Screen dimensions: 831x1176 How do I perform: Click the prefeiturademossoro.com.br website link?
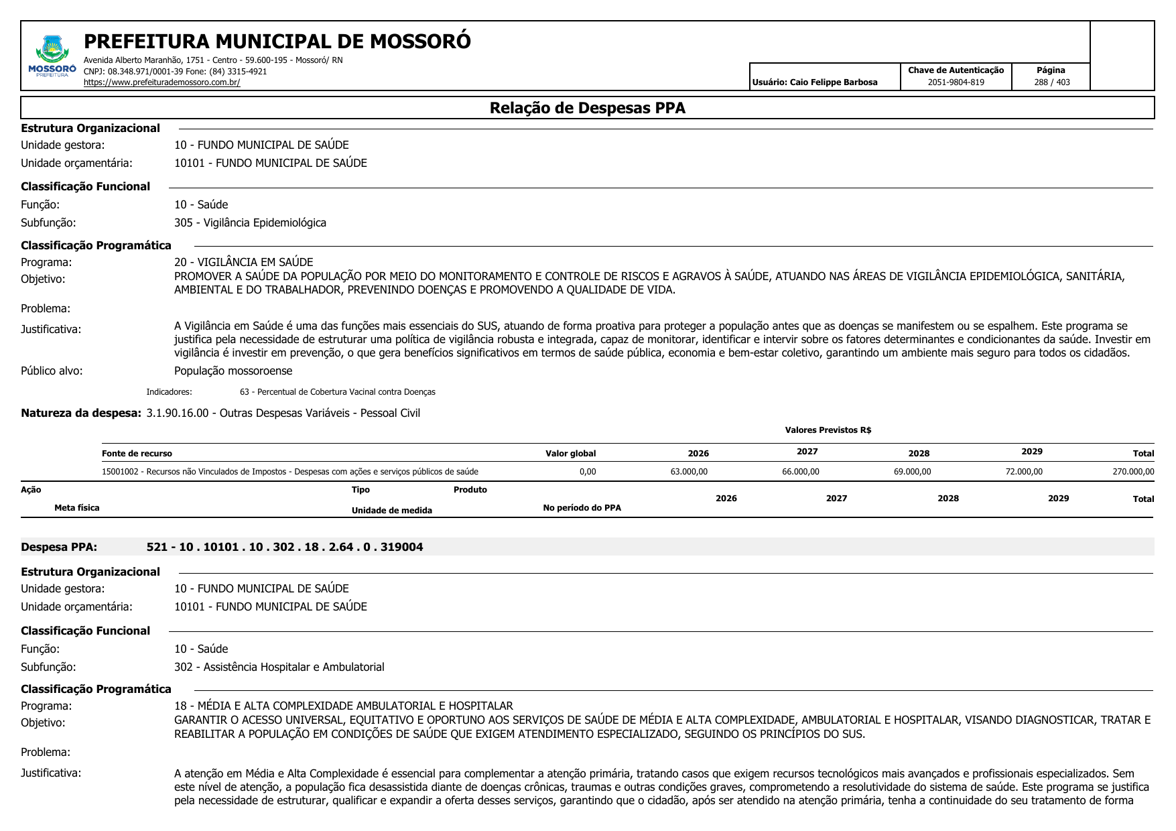(161, 82)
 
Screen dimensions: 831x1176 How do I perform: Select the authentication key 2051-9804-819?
(956, 82)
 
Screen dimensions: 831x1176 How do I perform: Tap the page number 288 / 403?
(1051, 82)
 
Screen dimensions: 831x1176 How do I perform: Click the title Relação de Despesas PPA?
(587, 108)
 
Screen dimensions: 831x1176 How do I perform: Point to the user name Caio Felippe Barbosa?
(833, 82)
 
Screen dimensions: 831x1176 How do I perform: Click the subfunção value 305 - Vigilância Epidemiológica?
(250, 222)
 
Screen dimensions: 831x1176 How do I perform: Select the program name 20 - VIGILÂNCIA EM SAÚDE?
(243, 262)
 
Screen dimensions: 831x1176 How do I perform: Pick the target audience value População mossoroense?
(233, 371)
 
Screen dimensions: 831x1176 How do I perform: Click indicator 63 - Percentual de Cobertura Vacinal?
(337, 392)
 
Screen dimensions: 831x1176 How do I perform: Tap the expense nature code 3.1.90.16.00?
(177, 413)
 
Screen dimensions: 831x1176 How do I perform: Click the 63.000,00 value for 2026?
(689, 472)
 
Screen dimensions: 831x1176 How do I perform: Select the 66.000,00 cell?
(800, 472)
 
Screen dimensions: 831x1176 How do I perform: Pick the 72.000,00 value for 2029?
(1023, 472)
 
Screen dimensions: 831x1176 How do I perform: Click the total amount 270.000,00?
(1133, 472)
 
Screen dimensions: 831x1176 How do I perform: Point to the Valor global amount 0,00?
(587, 472)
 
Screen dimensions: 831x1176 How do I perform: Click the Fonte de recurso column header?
(137, 454)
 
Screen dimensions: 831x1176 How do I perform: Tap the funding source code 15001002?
(121, 472)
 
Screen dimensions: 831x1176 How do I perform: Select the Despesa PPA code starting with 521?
(285, 547)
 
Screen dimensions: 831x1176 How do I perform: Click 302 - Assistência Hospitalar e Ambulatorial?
(279, 667)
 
